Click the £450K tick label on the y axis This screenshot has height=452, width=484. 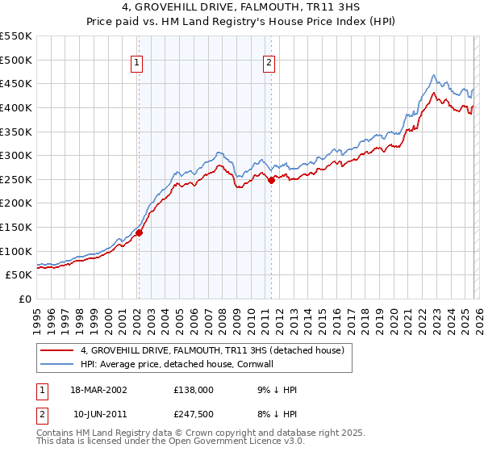point(16,83)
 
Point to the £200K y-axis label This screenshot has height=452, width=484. point(16,203)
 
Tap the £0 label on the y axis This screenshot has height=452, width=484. point(25,299)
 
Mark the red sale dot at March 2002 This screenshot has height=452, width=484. point(139,232)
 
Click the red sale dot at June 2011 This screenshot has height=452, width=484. point(271,181)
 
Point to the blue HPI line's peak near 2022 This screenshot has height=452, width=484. point(433,76)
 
